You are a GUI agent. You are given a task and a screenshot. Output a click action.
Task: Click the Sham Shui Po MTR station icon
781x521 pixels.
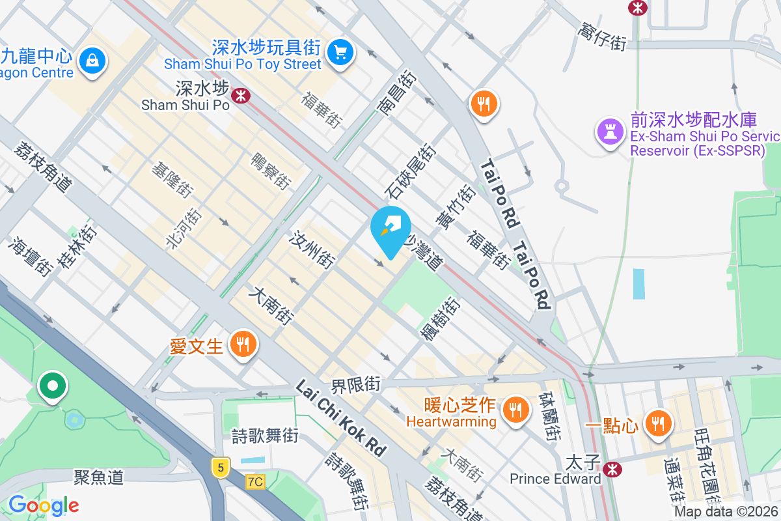coord(241,95)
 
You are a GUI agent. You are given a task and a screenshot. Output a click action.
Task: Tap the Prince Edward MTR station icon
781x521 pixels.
coord(611,468)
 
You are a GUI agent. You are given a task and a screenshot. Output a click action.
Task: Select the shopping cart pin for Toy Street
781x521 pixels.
coord(340,52)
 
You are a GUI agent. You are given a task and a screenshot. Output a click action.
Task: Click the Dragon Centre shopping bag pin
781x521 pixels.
coord(92,61)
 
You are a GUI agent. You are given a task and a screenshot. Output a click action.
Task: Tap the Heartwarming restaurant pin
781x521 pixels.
coord(516,409)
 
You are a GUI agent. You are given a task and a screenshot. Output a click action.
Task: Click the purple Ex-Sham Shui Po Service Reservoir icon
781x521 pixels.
coord(610,130)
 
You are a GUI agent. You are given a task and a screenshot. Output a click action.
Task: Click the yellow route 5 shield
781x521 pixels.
coord(221,467)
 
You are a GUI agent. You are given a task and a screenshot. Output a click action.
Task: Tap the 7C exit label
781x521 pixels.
coord(256,481)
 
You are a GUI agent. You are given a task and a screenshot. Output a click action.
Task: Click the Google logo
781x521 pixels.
coord(44,505)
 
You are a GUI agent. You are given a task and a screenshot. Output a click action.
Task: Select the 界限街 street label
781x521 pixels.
coord(355,384)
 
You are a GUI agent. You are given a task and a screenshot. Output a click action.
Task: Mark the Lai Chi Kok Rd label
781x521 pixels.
coord(340,417)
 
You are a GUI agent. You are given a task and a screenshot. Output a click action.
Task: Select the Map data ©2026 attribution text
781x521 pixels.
coord(726,512)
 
